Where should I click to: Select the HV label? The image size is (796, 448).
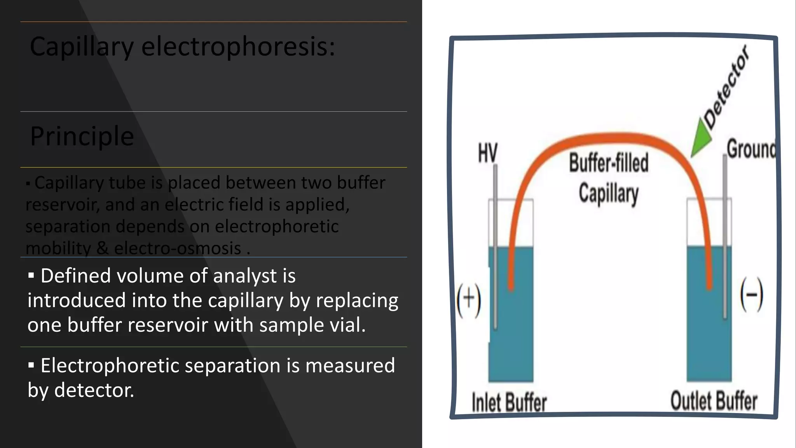[487, 152]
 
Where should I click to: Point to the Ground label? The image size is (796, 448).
[751, 149]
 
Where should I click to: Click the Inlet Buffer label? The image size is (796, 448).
[509, 402]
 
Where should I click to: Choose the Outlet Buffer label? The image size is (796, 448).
[714, 401]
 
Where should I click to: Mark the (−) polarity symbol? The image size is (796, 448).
[751, 295]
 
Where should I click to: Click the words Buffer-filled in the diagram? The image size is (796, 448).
[609, 163]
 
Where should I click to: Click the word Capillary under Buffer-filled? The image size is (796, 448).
[609, 194]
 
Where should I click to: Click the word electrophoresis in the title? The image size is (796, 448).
[238, 47]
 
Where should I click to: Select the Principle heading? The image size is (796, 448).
[82, 136]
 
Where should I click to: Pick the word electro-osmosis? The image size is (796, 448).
[178, 248]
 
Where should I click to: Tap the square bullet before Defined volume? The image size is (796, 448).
[31, 276]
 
